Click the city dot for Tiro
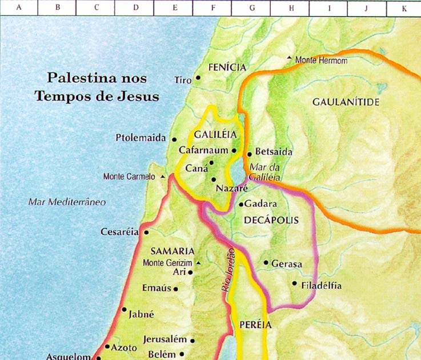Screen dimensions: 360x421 click(x=198, y=78)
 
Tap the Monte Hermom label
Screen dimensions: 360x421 click(x=321, y=60)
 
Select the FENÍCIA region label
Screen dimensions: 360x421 click(x=227, y=67)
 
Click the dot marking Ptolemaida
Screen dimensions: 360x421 click(x=174, y=139)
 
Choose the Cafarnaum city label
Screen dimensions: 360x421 click(x=203, y=150)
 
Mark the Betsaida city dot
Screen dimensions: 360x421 click(x=249, y=154)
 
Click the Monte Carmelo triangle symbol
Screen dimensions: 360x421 click(x=163, y=177)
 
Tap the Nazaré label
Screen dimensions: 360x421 click(x=231, y=188)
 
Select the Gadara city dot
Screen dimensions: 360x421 click(x=241, y=204)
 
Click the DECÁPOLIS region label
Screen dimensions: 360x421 click(x=271, y=219)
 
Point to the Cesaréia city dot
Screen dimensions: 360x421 click(x=146, y=233)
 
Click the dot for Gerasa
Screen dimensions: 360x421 click(x=266, y=263)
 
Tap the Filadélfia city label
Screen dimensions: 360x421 click(x=322, y=285)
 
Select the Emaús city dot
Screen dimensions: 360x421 click(x=175, y=289)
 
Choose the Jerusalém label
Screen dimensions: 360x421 click(x=165, y=339)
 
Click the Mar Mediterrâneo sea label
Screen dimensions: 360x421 click(x=67, y=202)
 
